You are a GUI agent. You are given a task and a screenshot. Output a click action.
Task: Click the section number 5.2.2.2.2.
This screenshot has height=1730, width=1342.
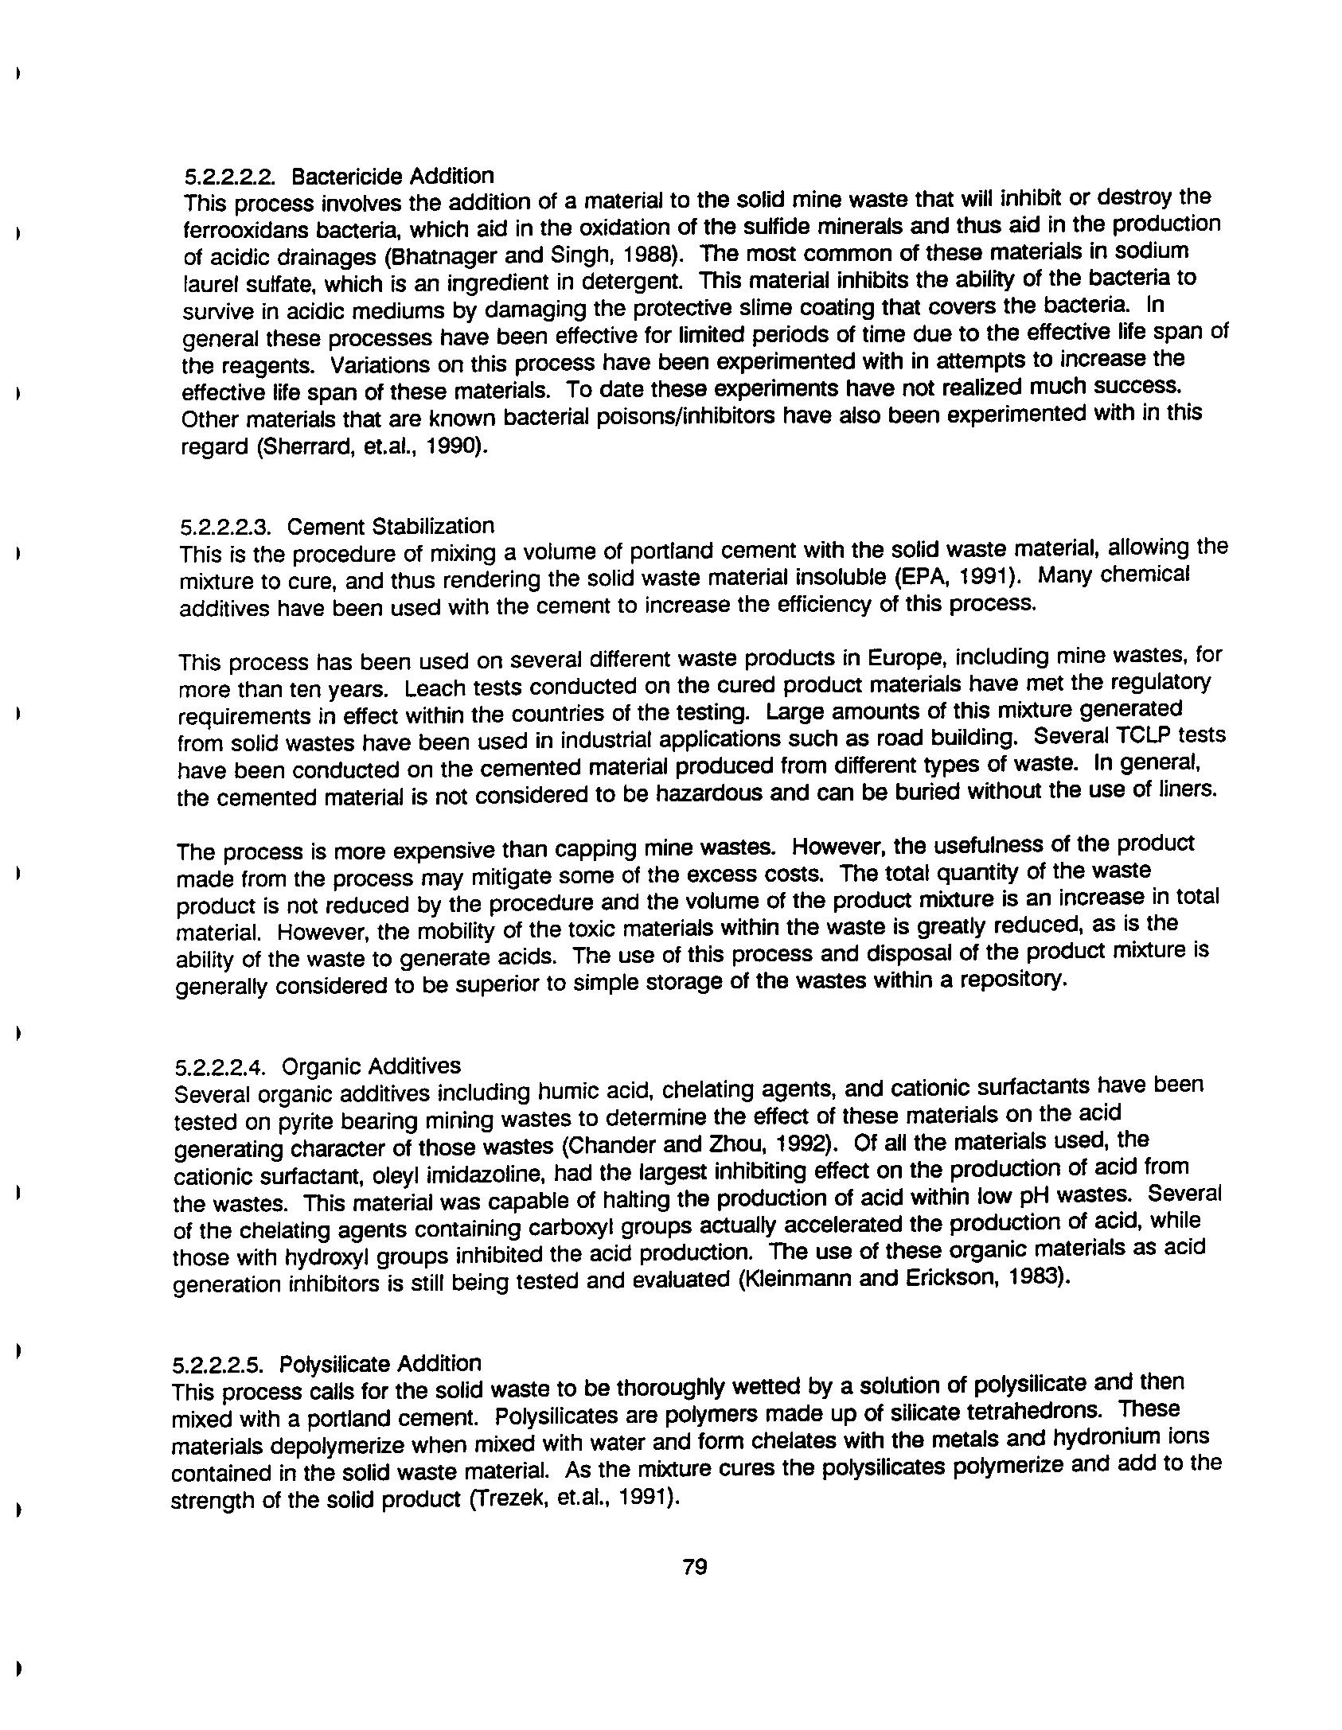[x=230, y=177]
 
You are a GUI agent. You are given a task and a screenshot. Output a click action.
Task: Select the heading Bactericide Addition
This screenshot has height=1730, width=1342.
[x=392, y=176]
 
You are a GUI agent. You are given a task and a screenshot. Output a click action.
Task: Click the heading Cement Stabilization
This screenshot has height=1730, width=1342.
[x=390, y=527]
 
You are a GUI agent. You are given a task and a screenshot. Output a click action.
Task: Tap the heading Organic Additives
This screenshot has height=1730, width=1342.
[x=371, y=1066]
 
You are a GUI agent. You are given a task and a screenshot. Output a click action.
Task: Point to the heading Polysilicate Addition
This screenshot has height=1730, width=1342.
[x=380, y=1364]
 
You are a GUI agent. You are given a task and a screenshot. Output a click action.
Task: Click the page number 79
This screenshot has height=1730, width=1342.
[x=695, y=1567]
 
